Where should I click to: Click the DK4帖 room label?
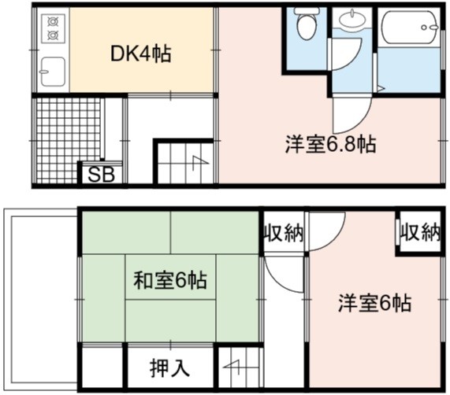click(140, 54)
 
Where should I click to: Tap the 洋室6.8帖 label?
click(330, 144)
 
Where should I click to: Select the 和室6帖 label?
click(170, 280)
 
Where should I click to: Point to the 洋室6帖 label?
click(375, 303)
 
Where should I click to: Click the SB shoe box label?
click(101, 175)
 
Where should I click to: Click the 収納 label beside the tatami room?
click(284, 233)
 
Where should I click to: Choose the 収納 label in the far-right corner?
click(420, 232)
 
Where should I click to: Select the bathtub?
click(410, 28)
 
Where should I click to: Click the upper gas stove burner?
click(53, 21)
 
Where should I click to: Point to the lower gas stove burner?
click(53, 35)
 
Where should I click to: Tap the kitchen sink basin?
click(53, 72)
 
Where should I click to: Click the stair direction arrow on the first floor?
click(199, 163)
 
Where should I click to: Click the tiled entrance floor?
click(69, 140)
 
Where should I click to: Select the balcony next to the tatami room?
click(40, 300)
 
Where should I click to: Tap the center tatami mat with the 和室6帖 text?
click(170, 277)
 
